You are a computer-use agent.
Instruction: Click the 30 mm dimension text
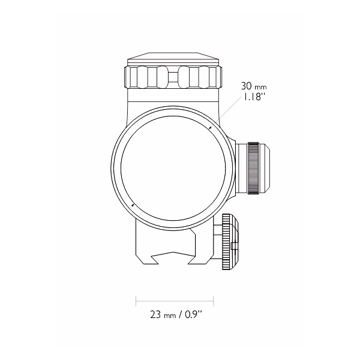[254, 86]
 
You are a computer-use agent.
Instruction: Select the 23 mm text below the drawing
[163, 314]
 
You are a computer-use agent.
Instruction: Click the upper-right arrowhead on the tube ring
[210, 128]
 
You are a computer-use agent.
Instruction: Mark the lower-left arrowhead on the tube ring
[133, 204]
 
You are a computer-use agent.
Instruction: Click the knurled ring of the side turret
[253, 168]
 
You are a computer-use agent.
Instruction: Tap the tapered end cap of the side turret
[264, 168]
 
